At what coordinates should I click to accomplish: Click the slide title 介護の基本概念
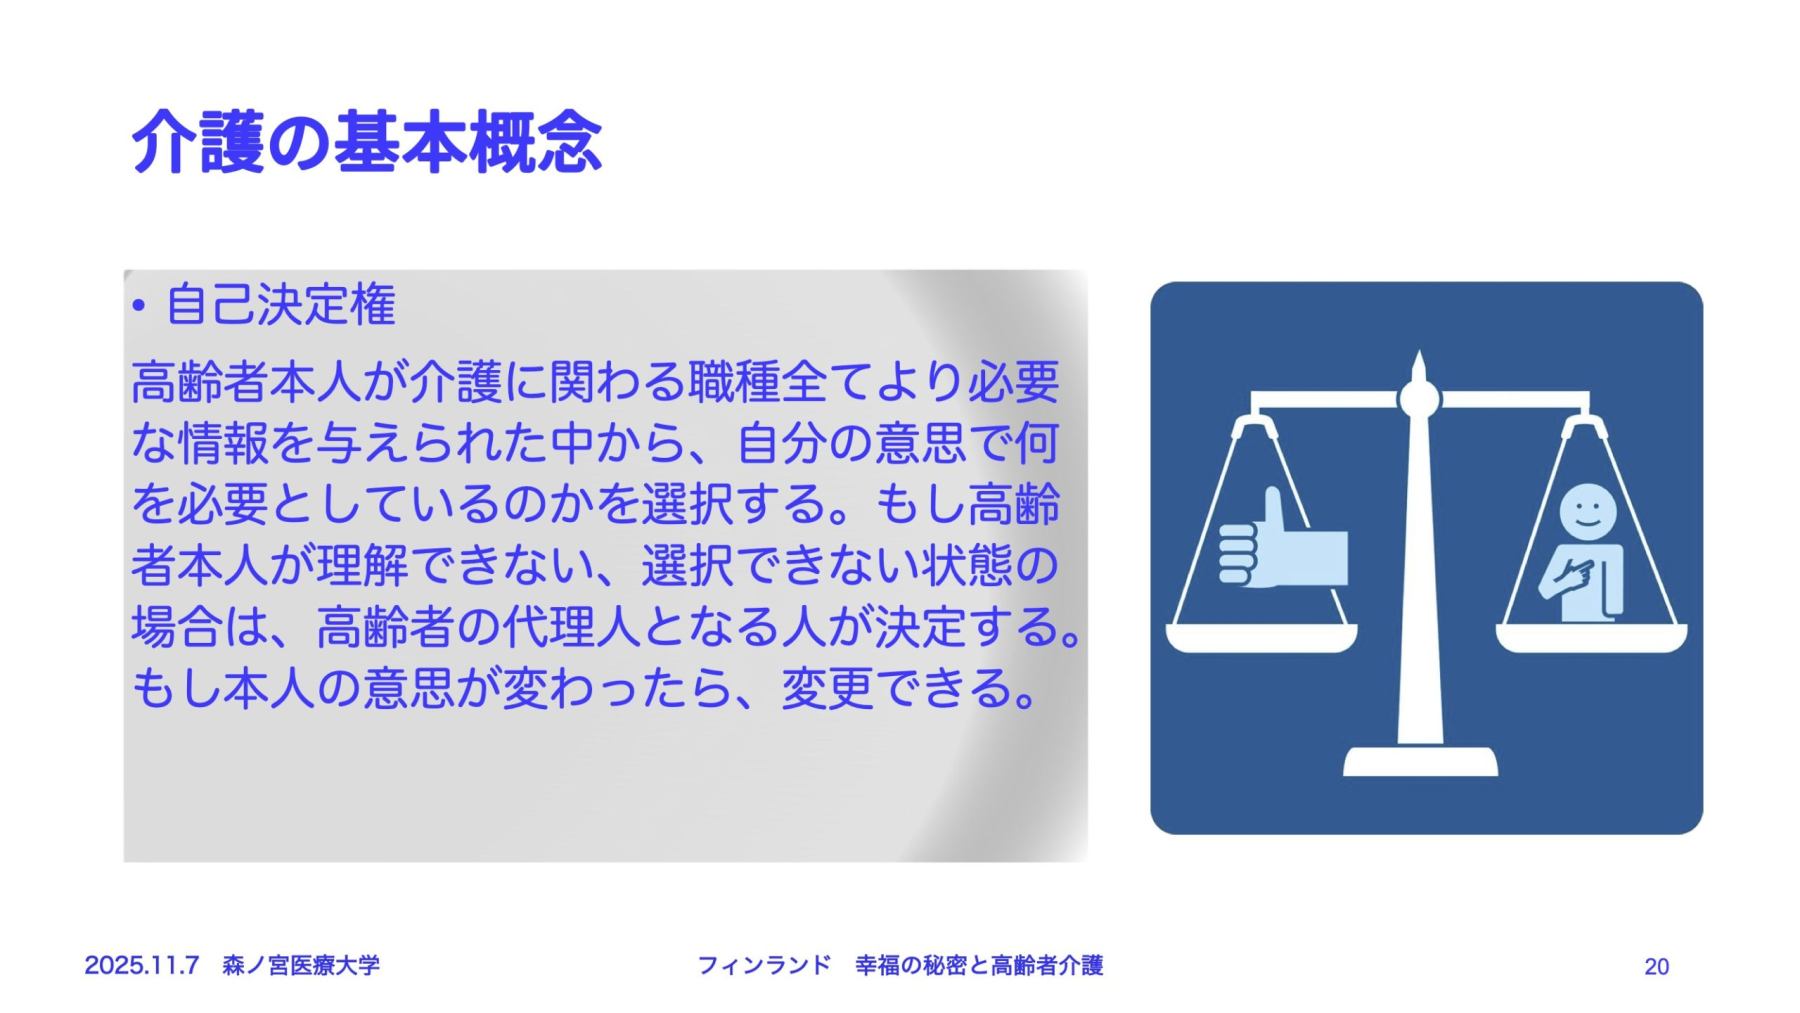[x=366, y=141]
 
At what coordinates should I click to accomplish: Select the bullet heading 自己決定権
[x=281, y=305]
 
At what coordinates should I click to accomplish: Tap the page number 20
[x=1656, y=966]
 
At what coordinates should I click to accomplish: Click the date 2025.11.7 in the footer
[x=141, y=965]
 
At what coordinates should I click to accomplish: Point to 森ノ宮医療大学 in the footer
[x=300, y=965]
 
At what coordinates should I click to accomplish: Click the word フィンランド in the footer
[x=763, y=965]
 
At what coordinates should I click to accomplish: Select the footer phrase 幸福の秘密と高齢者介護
[x=979, y=965]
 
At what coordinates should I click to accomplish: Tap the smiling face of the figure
[x=1587, y=513]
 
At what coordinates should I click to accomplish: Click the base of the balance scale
[x=1420, y=761]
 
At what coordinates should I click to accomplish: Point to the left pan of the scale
[x=1262, y=637]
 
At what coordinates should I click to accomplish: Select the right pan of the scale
[x=1591, y=637]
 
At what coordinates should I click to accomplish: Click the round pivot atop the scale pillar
[x=1419, y=399]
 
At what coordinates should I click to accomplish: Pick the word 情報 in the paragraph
[x=224, y=443]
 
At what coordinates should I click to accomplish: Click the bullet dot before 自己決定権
[x=139, y=307]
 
